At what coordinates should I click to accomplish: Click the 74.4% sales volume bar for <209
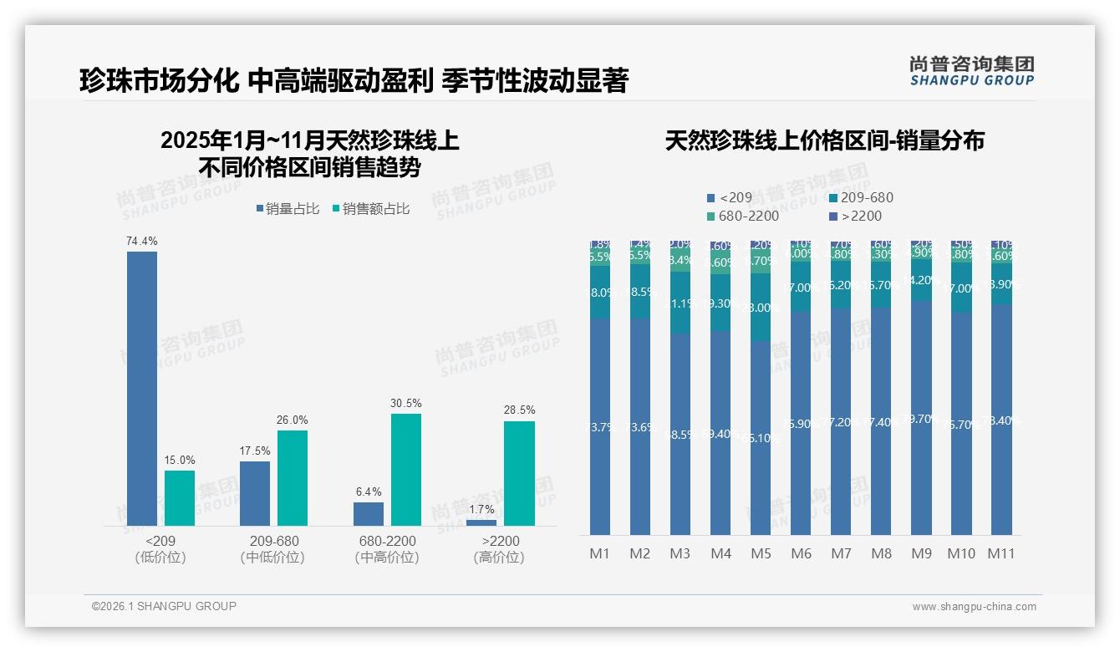tap(142, 388)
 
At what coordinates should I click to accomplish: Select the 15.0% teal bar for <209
tap(180, 497)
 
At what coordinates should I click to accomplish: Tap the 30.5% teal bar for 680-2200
tap(405, 469)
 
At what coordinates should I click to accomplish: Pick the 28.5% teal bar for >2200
tap(519, 473)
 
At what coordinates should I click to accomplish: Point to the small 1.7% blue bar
tap(481, 522)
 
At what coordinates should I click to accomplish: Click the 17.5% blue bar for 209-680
tap(255, 493)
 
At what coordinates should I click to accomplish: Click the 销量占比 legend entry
tap(288, 209)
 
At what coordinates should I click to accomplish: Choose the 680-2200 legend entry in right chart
tap(742, 216)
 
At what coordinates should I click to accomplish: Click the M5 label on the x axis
tap(761, 553)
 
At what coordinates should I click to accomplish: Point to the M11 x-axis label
tap(1001, 553)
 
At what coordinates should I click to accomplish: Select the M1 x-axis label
tap(600, 553)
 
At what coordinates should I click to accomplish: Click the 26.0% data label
tap(293, 420)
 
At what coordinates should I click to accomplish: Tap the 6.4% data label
tap(369, 492)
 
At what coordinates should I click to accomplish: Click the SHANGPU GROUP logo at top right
tap(971, 71)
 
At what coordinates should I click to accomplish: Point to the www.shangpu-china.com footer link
tap(974, 607)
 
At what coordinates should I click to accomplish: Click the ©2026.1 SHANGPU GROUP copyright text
tap(164, 606)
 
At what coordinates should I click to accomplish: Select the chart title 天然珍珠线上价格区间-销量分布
tap(824, 140)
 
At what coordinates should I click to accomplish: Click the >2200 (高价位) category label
tap(499, 549)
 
